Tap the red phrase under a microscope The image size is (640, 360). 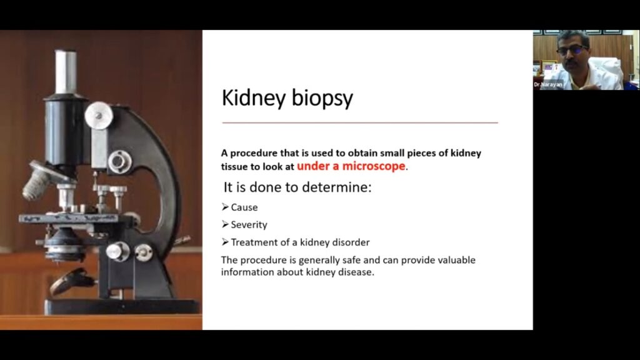pyautogui.click(x=351, y=166)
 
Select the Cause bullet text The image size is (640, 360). pyautogui.click(x=244, y=207)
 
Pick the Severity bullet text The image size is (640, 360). pyautogui.click(x=249, y=225)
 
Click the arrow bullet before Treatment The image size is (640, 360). pyautogui.click(x=225, y=242)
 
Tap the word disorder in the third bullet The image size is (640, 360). pyautogui.click(x=351, y=242)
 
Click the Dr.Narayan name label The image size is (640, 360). pyautogui.click(x=548, y=85)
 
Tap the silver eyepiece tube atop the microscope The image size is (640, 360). pyautogui.click(x=66, y=72)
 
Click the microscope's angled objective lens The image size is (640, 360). pyautogui.click(x=39, y=179)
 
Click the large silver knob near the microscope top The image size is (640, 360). pyautogui.click(x=99, y=116)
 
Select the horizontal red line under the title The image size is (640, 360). pyautogui.click(x=360, y=122)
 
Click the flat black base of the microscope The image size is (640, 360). pyautogui.click(x=122, y=306)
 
